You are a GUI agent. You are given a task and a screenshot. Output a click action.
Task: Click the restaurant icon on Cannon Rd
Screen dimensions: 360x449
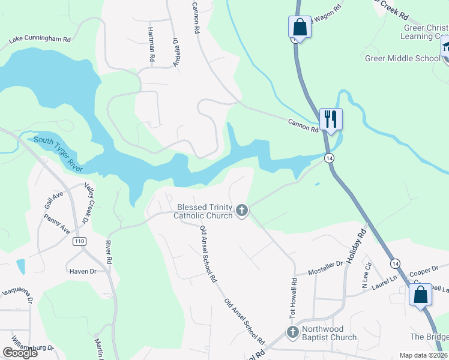(331, 118)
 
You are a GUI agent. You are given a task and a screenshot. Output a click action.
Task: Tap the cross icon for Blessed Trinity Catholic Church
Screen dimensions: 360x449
(242, 210)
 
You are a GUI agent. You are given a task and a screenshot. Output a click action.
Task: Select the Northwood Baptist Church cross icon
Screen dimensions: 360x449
(293, 332)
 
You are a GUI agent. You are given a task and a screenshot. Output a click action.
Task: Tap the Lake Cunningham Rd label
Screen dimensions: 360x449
(40, 40)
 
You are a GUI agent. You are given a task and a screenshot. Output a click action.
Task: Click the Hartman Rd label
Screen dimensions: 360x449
(152, 44)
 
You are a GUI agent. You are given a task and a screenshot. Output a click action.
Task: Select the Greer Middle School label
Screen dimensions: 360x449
(403, 58)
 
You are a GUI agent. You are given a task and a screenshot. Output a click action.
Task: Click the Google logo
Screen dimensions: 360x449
(20, 353)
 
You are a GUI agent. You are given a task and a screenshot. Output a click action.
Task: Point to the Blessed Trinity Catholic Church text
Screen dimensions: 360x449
(203, 211)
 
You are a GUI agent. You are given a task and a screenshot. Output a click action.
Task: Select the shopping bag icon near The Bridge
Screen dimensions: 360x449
(421, 295)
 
